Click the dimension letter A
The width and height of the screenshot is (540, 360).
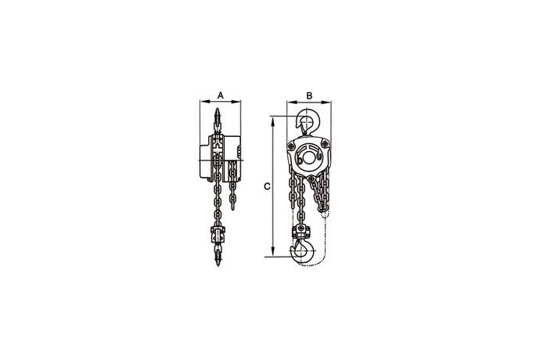tap(221, 95)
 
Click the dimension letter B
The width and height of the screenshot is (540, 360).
tap(309, 95)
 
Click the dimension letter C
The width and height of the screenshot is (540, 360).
tap(267, 186)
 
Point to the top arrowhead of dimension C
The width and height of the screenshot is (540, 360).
tap(273, 121)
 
